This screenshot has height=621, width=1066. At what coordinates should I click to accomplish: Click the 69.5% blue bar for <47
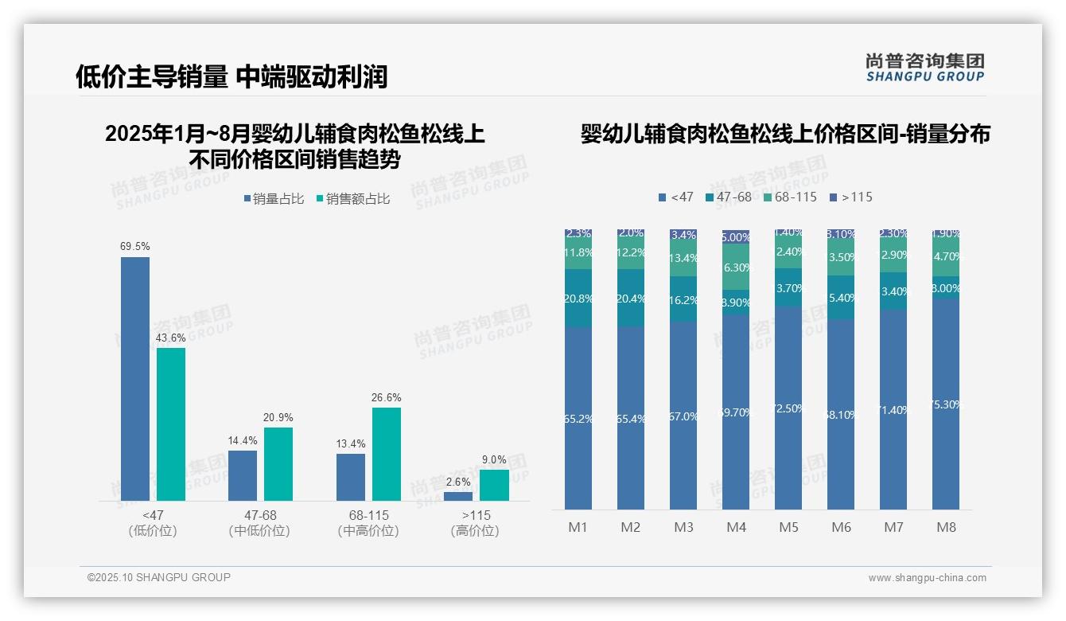coord(135,379)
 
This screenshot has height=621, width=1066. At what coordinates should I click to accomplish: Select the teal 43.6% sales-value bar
coord(171,424)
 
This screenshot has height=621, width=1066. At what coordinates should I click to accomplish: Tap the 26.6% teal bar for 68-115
coord(387,454)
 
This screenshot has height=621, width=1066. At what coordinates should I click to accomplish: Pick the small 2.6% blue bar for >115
coord(458,496)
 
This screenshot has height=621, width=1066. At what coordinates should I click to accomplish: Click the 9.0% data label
coord(494,459)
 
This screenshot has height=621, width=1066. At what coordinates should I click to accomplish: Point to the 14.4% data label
coord(243,440)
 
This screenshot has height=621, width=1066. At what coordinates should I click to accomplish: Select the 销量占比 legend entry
coord(274,199)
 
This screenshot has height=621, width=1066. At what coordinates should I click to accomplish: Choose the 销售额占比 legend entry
coord(353,199)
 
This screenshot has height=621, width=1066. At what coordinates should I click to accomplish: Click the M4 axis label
coord(736,527)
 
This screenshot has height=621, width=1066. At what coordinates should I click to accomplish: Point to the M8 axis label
coord(946,527)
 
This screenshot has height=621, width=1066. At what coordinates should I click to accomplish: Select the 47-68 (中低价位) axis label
coord(259,523)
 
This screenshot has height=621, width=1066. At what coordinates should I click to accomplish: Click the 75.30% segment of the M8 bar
coord(946,404)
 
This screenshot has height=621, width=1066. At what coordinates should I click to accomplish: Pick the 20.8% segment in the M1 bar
coord(578,299)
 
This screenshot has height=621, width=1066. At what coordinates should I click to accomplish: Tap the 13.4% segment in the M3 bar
coord(683,259)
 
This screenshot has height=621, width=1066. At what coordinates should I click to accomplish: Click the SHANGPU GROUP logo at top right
coord(924,68)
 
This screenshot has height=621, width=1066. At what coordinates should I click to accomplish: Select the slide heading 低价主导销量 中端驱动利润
coord(231,76)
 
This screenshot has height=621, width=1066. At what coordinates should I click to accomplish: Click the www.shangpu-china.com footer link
coord(927,578)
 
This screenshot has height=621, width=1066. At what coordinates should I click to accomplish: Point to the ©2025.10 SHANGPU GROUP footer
coord(159,577)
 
